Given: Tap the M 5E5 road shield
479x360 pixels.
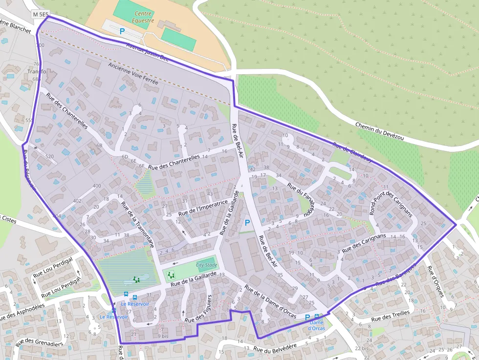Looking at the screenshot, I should pyautogui.click(x=41, y=14).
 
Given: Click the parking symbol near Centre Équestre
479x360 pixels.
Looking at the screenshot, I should pyautogui.click(x=122, y=31).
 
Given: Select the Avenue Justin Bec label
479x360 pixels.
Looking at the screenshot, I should pyautogui.click(x=147, y=51).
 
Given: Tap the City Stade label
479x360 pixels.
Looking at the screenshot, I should pyautogui.click(x=206, y=265).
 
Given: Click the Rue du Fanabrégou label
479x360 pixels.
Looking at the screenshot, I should pyautogui.click(x=300, y=199).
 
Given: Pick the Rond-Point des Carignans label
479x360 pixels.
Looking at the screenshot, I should pyautogui.click(x=391, y=205).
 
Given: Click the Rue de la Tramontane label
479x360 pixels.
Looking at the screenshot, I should pyautogui.click(x=138, y=225).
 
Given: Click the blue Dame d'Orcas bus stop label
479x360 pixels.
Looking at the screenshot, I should pyautogui.click(x=316, y=325).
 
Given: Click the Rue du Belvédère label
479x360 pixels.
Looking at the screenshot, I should pyautogui.click(x=275, y=347).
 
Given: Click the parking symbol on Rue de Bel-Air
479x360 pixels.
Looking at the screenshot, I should pyautogui.click(x=247, y=223).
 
